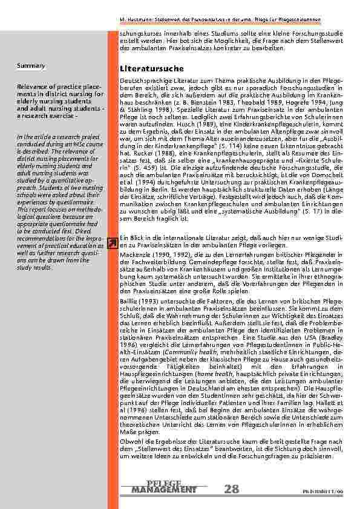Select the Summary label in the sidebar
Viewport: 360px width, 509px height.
pos(28,65)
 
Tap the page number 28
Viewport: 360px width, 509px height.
pos(231,488)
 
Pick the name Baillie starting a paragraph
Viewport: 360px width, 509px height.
pos(131,301)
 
